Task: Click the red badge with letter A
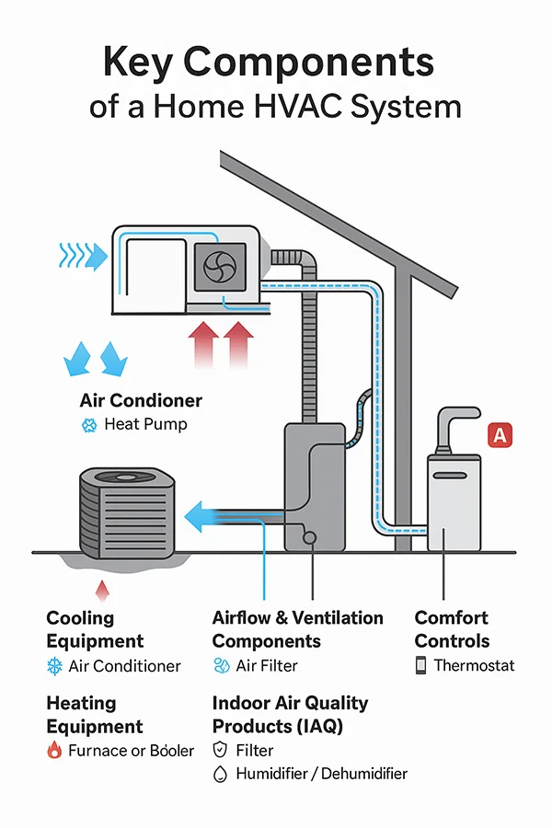tap(500, 434)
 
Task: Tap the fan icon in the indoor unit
tap(222, 266)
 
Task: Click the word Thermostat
tap(474, 665)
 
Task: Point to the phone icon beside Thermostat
tap(420, 665)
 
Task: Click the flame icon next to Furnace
tap(53, 751)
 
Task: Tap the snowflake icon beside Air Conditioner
tap(53, 666)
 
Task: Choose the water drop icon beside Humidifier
tap(219, 775)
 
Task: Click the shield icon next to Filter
tap(219, 751)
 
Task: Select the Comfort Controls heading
tap(452, 629)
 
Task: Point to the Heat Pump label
tap(145, 424)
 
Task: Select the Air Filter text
tap(267, 665)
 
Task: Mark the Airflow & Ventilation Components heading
tap(297, 629)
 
